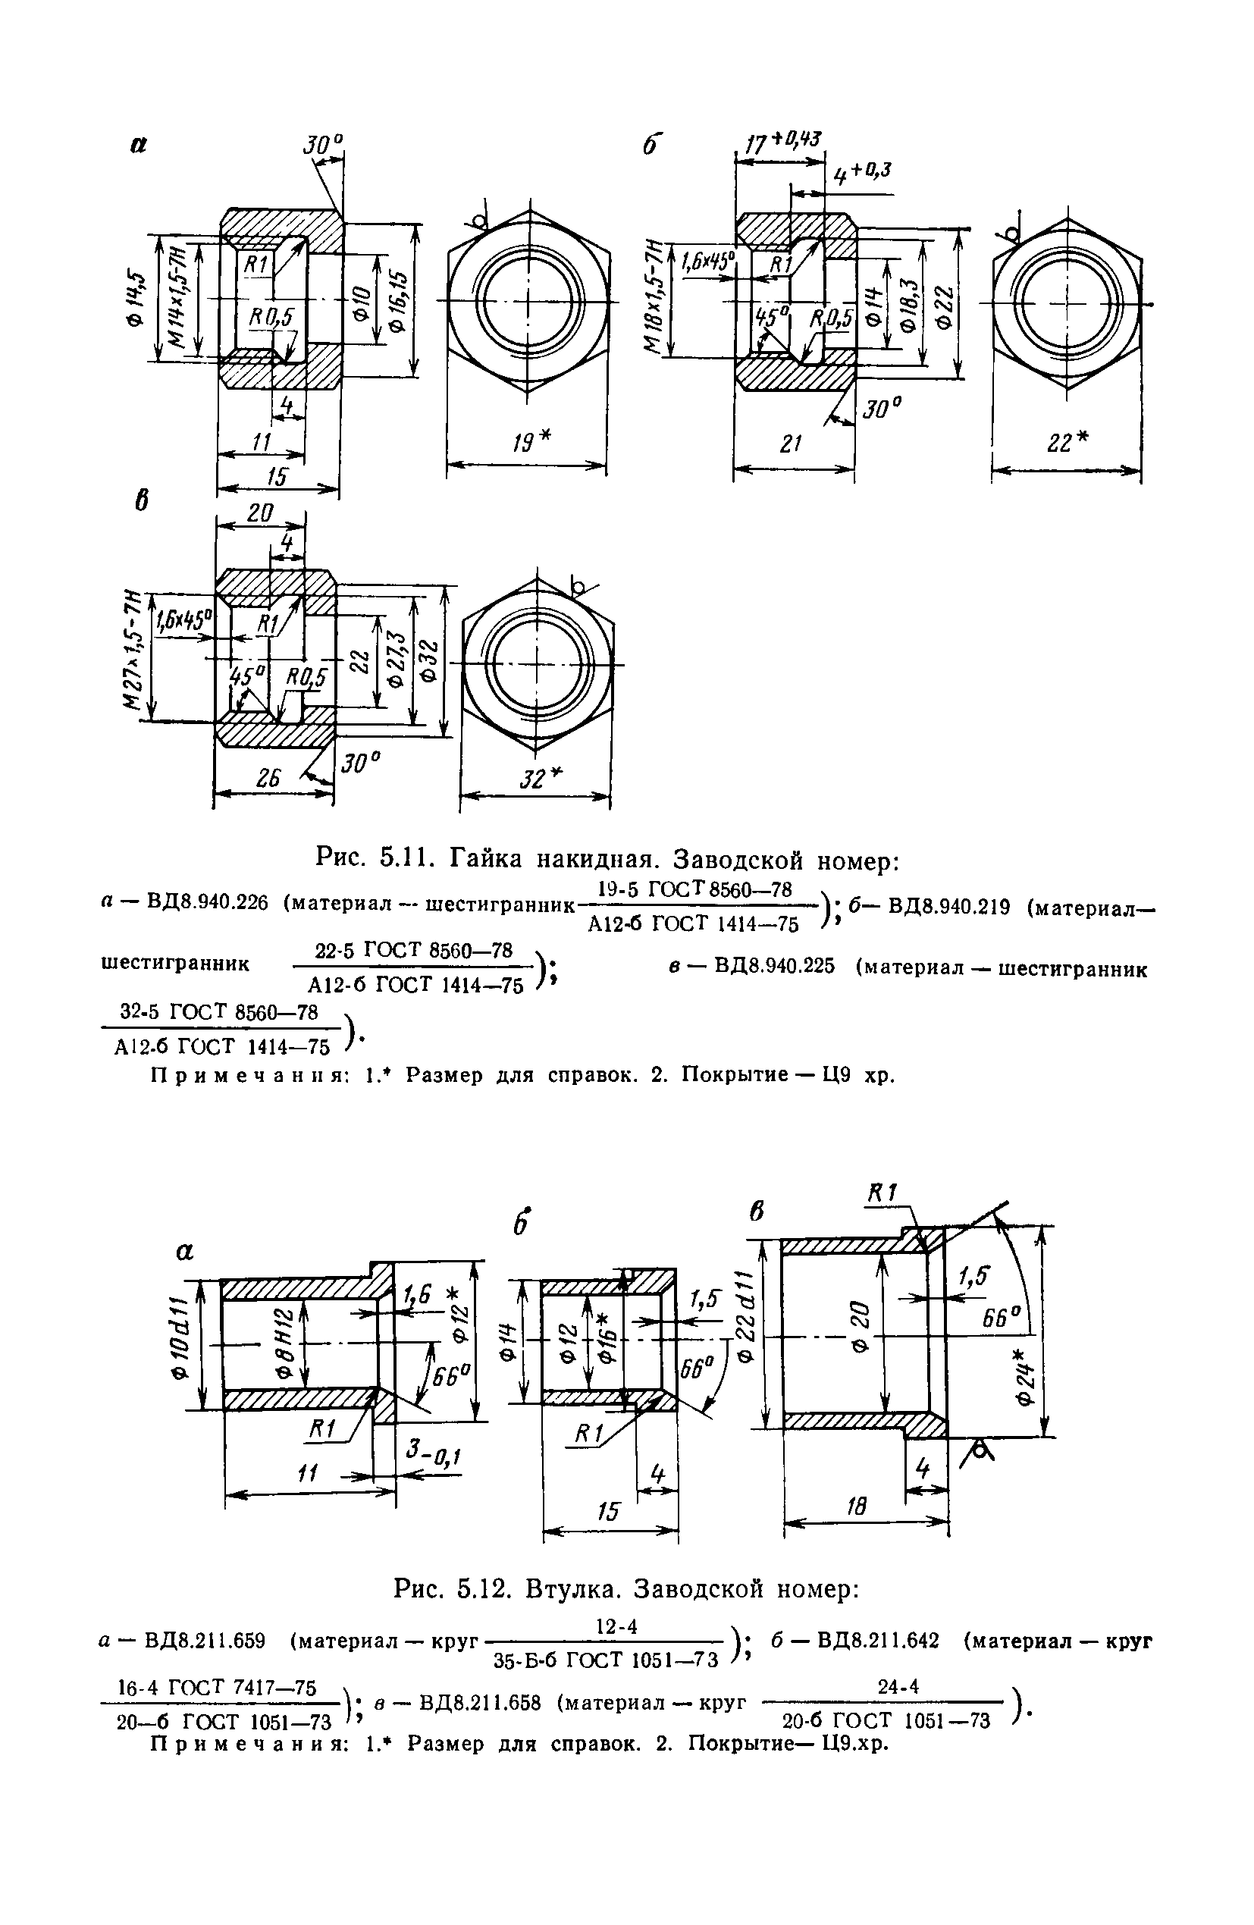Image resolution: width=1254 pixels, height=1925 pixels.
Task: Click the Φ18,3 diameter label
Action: (910, 305)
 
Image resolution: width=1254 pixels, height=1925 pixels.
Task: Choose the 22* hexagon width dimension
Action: (1067, 443)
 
